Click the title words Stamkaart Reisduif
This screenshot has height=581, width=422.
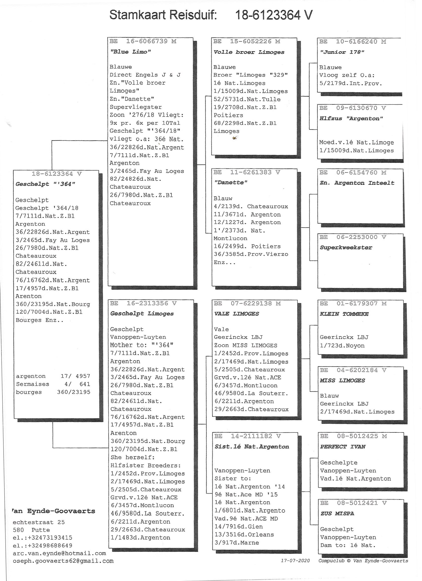click(x=163, y=15)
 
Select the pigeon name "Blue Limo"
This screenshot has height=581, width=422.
click(x=130, y=52)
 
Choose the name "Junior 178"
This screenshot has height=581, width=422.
click(x=342, y=52)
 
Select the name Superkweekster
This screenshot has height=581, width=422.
click(x=346, y=248)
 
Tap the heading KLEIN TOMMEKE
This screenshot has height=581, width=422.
click(x=344, y=314)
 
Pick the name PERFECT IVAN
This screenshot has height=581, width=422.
click(x=343, y=447)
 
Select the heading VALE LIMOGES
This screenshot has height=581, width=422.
click(x=237, y=314)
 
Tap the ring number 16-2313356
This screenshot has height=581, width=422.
click(x=147, y=303)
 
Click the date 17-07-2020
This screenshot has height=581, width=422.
click(x=295, y=561)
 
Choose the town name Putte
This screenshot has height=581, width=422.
click(x=40, y=530)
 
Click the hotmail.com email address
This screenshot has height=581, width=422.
click(x=59, y=553)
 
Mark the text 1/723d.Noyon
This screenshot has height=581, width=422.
click(x=342, y=346)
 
